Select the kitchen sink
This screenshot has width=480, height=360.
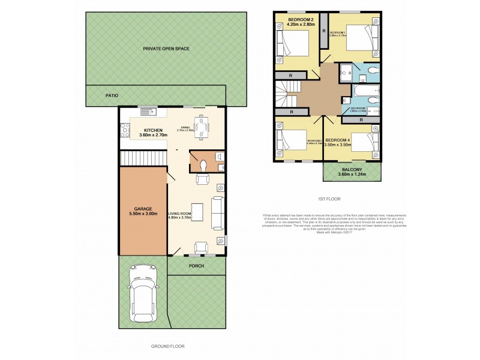pyautogui.click(x=146, y=111)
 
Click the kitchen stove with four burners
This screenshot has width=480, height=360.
pyautogui.click(x=125, y=129)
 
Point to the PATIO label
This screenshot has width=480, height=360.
pyautogui.click(x=112, y=95)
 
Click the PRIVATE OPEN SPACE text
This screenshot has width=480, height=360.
pyautogui.click(x=166, y=48)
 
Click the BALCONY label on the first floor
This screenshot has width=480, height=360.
pyautogui.click(x=352, y=170)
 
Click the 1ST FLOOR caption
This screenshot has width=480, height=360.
pyautogui.click(x=328, y=199)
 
